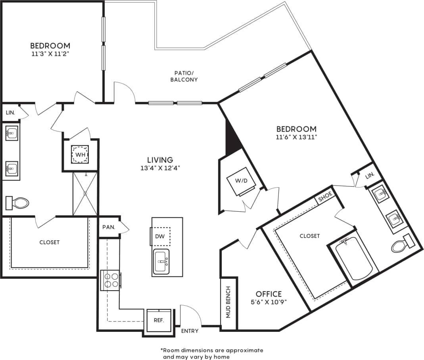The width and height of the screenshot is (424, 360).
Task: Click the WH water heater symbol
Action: pyautogui.click(x=80, y=155)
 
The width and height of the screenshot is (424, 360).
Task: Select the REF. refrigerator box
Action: pyautogui.click(x=159, y=320)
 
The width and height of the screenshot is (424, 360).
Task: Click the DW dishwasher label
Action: pyautogui.click(x=161, y=237)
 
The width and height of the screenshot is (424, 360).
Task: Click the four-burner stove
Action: pyautogui.click(x=111, y=280)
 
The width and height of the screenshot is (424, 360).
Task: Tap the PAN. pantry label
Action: pyautogui.click(x=109, y=227)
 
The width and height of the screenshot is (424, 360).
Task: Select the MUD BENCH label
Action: pyautogui.click(x=228, y=303)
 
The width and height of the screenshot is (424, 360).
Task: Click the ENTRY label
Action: pyautogui.click(x=190, y=331)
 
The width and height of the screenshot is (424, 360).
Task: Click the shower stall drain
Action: pyautogui.click(x=85, y=193)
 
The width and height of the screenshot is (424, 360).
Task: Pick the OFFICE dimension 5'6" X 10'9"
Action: pyautogui.click(x=269, y=302)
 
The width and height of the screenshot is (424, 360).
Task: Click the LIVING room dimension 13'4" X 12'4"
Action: pyautogui.click(x=160, y=168)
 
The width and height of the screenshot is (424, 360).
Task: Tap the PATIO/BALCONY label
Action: pyautogui.click(x=184, y=76)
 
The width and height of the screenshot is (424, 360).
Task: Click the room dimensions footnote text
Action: pyautogui.click(x=212, y=353)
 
